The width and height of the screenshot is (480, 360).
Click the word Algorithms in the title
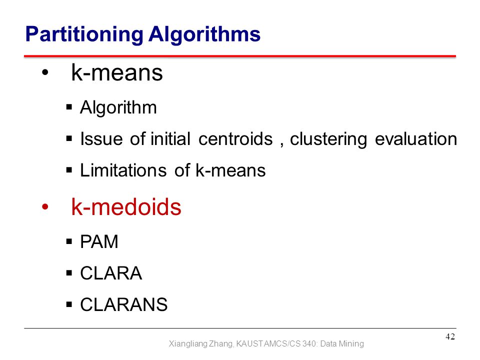[x=204, y=34]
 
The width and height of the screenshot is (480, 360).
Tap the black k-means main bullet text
[x=117, y=73]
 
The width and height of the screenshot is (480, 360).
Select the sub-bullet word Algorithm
[x=118, y=108]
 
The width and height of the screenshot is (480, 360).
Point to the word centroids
[x=235, y=139]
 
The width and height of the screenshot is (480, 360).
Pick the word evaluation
[x=416, y=139]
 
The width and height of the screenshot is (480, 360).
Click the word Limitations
[x=123, y=170]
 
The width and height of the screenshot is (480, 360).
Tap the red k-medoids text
[x=126, y=207]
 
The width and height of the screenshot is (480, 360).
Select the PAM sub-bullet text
[x=99, y=241]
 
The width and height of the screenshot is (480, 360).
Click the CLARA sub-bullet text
[x=111, y=273]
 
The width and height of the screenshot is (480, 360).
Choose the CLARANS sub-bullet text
[x=124, y=304]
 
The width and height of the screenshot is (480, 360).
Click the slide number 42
[x=450, y=336]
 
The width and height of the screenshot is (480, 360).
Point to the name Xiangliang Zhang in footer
[x=201, y=344]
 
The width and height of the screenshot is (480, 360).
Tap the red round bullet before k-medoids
[x=45, y=207]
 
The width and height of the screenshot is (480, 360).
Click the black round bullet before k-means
[x=45, y=72]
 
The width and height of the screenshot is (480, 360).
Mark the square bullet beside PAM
[x=69, y=241]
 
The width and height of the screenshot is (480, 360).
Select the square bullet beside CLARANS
[x=69, y=304]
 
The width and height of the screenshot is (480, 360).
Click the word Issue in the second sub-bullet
[x=101, y=139]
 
